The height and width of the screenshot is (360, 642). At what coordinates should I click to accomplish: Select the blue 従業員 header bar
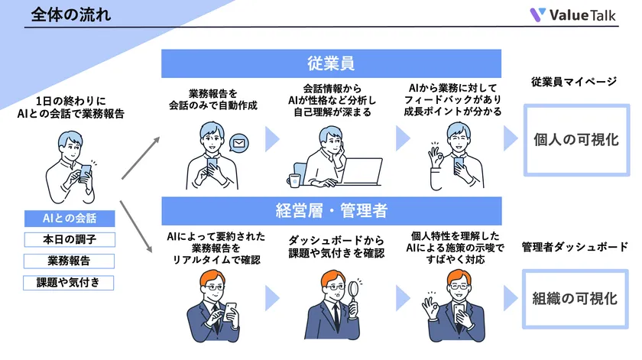pos(330,63)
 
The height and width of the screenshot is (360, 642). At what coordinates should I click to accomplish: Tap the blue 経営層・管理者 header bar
pos(330,210)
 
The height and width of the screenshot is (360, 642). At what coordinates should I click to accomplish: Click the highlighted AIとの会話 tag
pos(70,219)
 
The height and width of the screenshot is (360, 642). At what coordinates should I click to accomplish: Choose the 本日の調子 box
pos(70,240)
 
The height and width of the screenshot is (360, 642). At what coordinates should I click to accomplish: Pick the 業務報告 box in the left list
pos(70,261)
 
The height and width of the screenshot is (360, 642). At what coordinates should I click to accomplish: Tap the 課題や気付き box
pos(70,283)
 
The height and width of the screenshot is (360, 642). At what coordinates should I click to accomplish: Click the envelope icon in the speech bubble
pos(240,142)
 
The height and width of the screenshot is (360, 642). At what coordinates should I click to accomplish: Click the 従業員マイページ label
pos(574,83)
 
